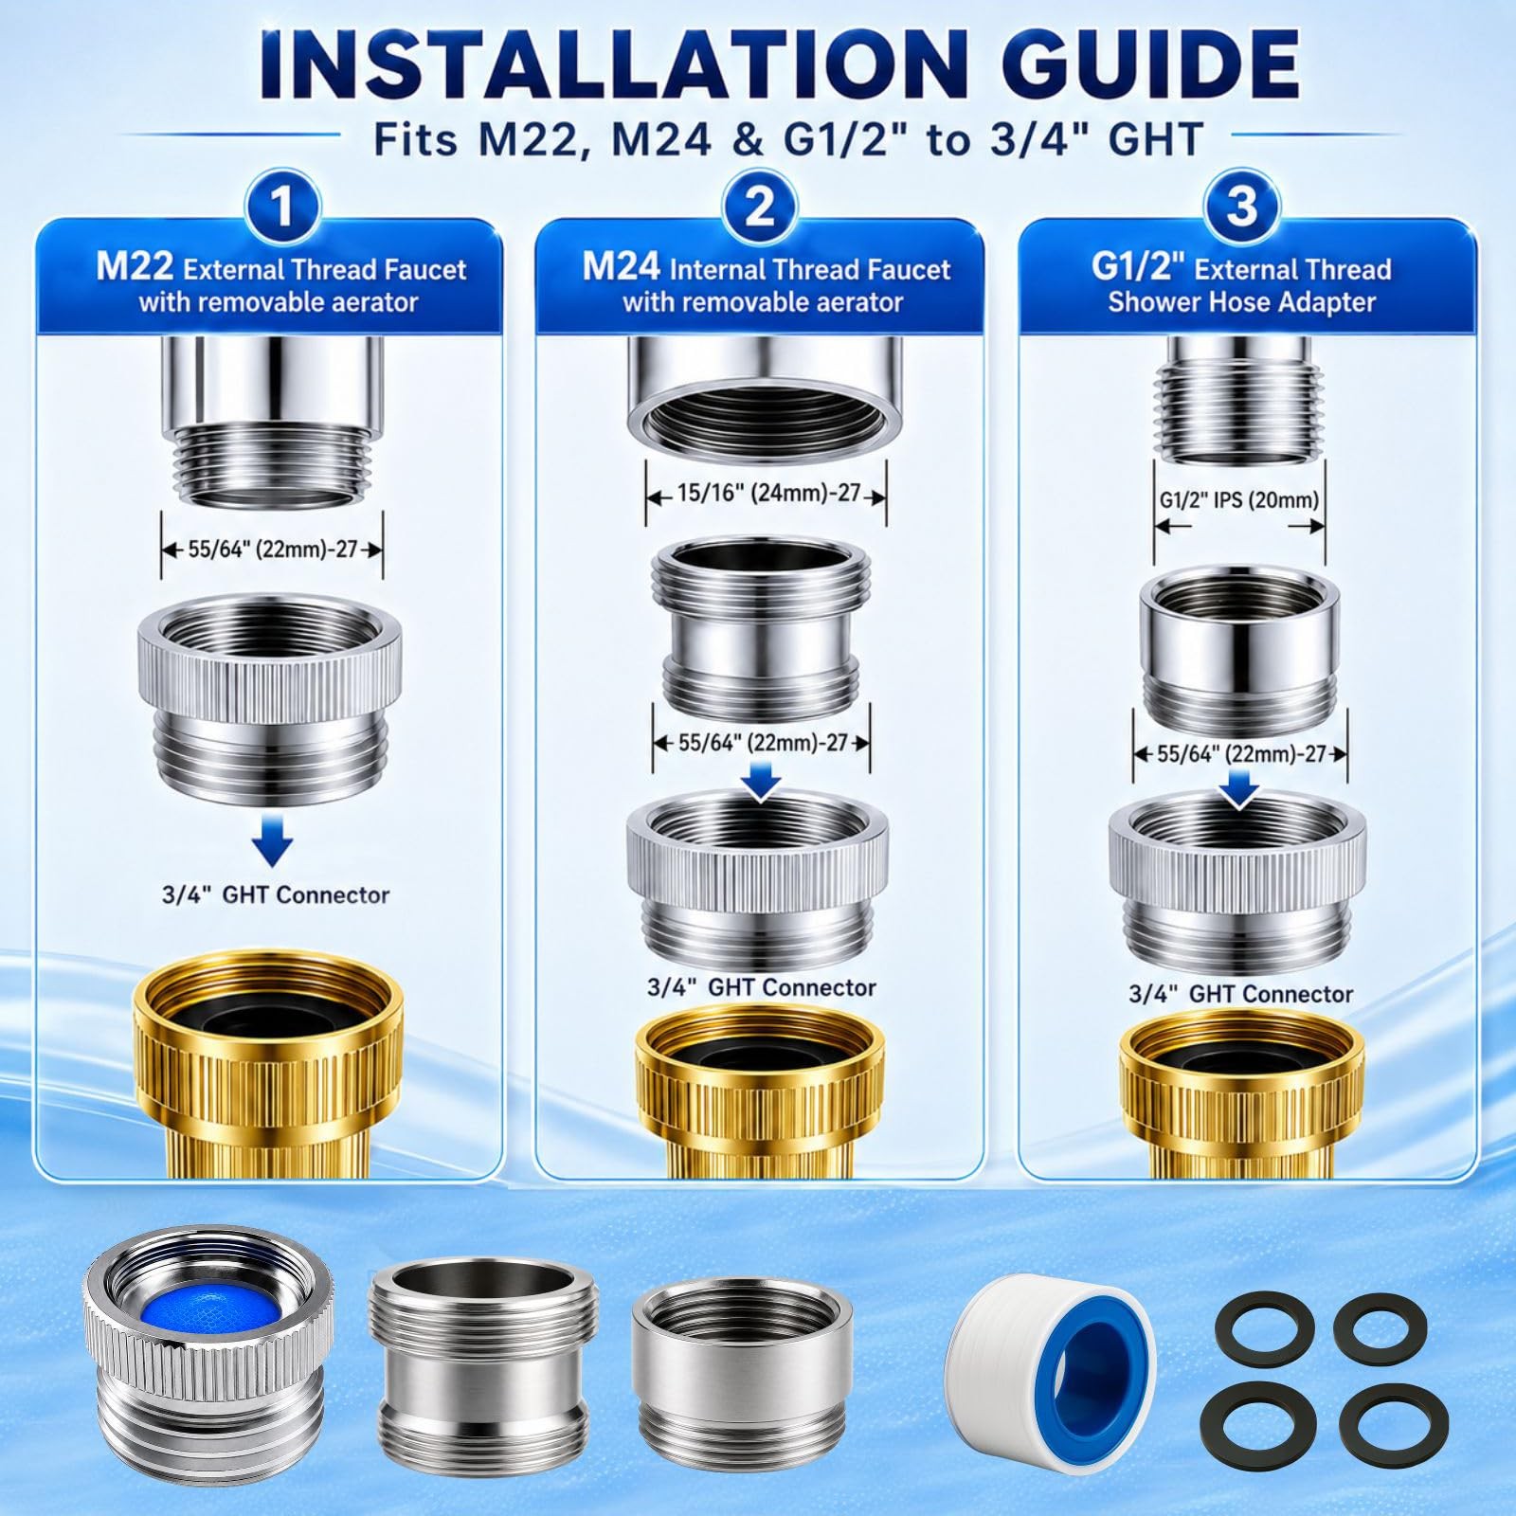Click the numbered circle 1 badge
pos(281,207)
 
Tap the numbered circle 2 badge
pos(759,207)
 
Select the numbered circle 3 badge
pos(1241,207)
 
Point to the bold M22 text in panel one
pos(135,267)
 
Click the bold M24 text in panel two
pos(622,267)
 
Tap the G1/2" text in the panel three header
pos(1139,267)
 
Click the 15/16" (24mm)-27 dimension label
pos(767,494)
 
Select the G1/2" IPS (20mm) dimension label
pos(1238,499)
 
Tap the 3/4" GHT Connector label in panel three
pos(1240,994)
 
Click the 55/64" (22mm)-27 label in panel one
pos(272,549)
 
